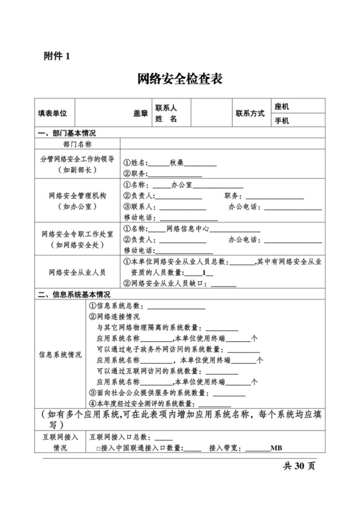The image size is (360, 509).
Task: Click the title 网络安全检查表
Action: coord(180,79)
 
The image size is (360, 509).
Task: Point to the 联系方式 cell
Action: coord(250,113)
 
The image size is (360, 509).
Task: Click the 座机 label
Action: coord(282,107)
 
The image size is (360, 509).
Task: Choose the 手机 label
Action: coord(282,121)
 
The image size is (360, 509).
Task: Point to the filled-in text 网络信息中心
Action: coord(186,228)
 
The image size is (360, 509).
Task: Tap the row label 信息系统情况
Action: coord(60,354)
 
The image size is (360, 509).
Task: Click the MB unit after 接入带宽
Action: coord(276,448)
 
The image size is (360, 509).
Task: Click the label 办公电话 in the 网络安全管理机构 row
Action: coord(244,206)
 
